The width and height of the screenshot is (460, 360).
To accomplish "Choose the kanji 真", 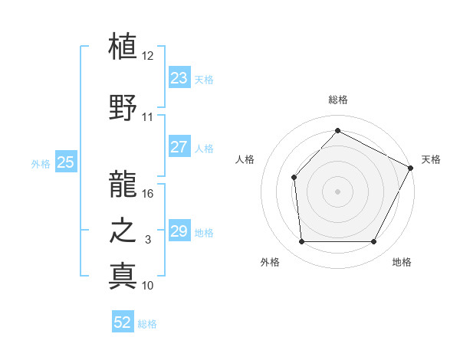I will pos(123,275).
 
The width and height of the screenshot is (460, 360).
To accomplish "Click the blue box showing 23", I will pos(179,78).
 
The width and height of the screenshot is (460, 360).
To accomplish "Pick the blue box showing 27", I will pos(179,147).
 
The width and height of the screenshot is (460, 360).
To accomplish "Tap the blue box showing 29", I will pos(179,231).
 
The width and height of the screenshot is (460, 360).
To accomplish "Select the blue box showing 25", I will pos(65,162).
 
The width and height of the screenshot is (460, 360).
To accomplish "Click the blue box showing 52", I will pos(123,323).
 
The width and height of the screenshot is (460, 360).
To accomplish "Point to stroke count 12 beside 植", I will pos(148,56).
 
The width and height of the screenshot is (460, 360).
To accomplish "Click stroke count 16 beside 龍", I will pos(148,194).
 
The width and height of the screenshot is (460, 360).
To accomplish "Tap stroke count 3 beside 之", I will pos(148,240).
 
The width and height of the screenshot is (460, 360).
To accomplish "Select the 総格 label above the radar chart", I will pos(337,100).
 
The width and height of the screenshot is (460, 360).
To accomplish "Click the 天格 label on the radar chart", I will pos(431,159).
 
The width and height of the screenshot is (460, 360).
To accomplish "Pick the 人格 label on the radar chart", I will pos(245,159).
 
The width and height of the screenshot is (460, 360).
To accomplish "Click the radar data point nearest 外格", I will pos(301,242).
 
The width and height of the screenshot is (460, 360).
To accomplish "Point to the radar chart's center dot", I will pos(337,191).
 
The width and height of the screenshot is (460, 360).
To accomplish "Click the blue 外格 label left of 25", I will pos(41,163).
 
